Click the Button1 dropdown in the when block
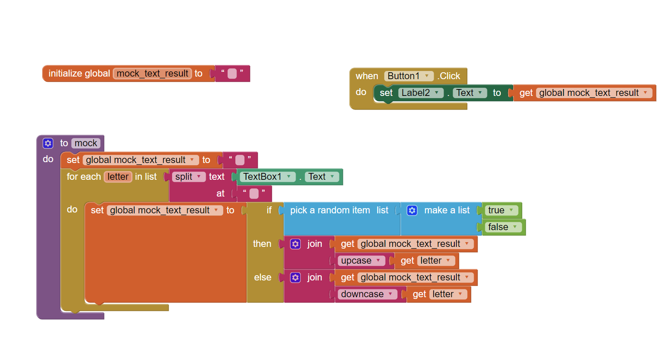[x=409, y=76]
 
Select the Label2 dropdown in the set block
[x=420, y=93]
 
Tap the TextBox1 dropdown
[x=267, y=177]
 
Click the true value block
[x=501, y=210]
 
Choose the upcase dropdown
[x=361, y=261]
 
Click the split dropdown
[x=188, y=177]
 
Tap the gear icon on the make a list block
[x=412, y=210]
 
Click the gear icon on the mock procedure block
[x=48, y=143]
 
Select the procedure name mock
[x=86, y=143]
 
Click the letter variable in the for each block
[x=118, y=177]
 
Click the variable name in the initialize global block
[x=152, y=74]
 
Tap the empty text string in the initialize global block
[x=232, y=74]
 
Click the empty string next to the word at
[x=254, y=194]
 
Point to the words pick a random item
[x=330, y=210]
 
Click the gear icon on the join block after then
[x=295, y=244]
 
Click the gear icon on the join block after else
[x=295, y=277]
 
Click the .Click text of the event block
[x=450, y=76]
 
